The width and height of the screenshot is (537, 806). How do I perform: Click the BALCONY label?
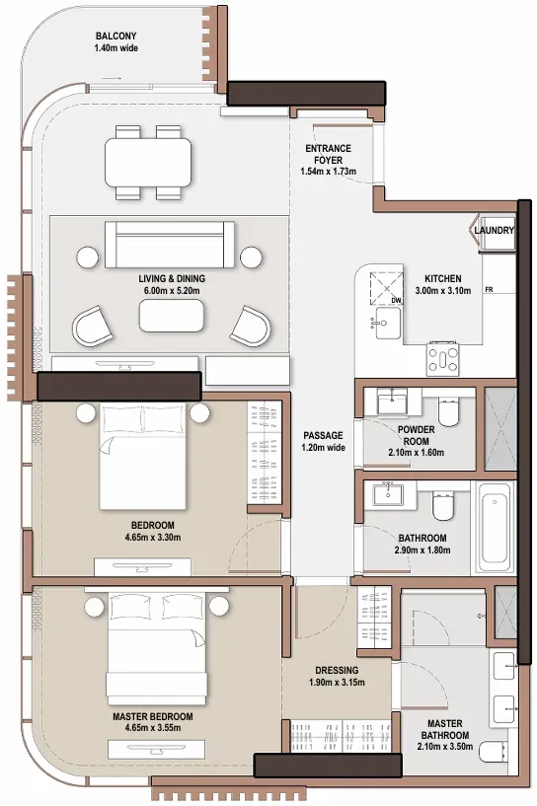tap(115, 37)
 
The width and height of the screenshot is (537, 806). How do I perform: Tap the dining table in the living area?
tap(148, 163)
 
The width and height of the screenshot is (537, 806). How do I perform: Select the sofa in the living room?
tap(169, 245)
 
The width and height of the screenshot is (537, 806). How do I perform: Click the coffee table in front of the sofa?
tap(171, 316)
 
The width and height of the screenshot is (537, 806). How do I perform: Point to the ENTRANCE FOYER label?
tap(328, 154)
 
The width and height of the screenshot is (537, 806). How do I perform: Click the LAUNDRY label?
tap(494, 230)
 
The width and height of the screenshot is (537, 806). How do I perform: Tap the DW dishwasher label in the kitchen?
tap(396, 300)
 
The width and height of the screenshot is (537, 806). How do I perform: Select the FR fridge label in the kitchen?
tap(489, 290)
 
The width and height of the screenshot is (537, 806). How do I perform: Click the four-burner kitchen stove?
tap(443, 359)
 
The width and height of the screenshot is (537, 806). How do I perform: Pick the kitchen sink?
tap(386, 324)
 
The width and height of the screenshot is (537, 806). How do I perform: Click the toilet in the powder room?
tap(447, 412)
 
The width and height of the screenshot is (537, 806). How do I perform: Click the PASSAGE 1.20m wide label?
tap(323, 442)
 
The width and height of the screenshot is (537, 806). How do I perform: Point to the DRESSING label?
tap(337, 670)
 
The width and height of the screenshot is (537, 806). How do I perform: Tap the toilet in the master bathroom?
tap(492, 753)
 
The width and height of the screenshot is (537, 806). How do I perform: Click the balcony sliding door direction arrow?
tap(112, 78)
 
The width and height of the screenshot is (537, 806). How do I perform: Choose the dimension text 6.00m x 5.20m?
tap(172, 291)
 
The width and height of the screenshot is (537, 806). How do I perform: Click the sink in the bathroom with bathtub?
tap(388, 495)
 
